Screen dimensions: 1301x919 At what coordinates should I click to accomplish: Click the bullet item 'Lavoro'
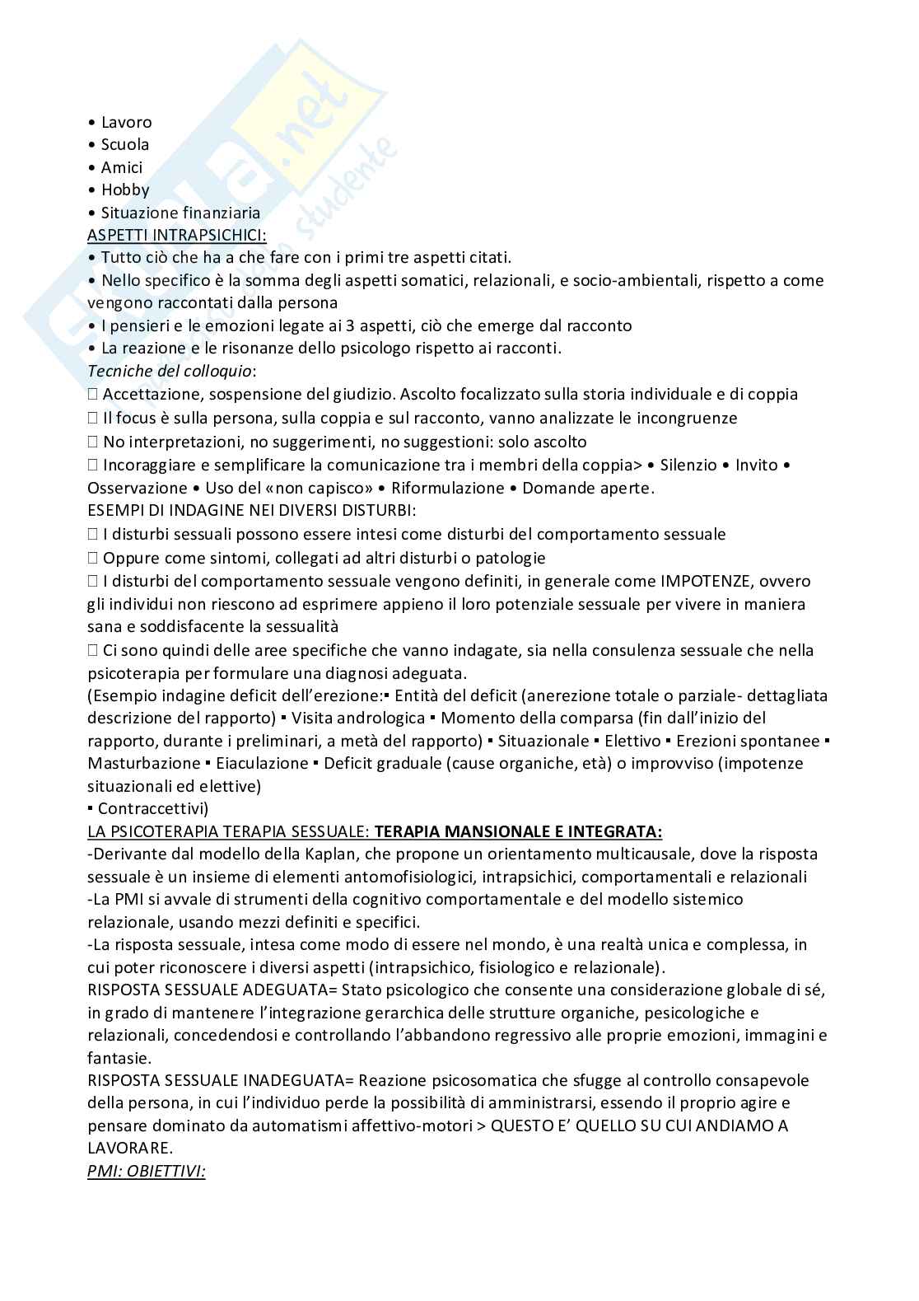coord(126,122)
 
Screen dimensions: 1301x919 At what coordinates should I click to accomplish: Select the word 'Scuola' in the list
coord(125,144)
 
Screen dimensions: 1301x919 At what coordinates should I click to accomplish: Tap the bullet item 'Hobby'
coord(125,190)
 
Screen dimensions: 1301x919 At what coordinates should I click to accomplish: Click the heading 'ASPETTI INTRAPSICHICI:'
coord(177,235)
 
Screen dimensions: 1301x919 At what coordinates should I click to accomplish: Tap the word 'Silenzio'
coord(688,465)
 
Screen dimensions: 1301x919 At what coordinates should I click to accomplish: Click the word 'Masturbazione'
coord(144,763)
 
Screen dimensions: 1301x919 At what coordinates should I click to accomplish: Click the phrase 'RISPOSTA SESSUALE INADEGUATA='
coord(221,1079)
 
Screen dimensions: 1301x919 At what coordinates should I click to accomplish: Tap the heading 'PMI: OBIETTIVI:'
coord(147,1170)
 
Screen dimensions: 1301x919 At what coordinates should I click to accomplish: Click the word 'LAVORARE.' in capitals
coord(130,1147)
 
